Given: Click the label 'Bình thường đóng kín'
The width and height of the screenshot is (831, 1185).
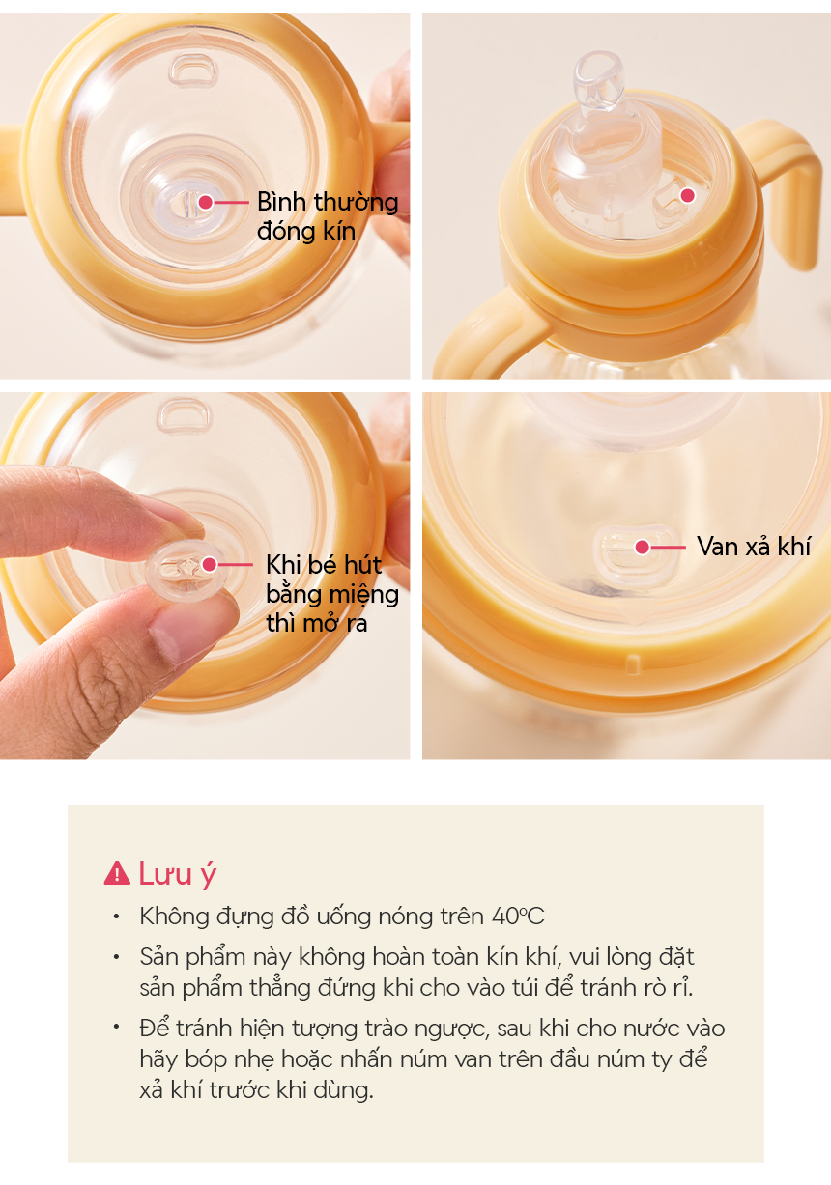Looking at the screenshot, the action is [328, 216].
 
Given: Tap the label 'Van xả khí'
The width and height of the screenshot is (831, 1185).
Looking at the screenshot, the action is [753, 547].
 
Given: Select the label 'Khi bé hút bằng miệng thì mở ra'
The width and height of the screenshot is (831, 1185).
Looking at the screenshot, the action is [331, 594].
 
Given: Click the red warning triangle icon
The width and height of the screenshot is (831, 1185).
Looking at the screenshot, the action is [117, 873].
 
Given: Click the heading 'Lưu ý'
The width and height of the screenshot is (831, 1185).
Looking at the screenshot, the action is [178, 874].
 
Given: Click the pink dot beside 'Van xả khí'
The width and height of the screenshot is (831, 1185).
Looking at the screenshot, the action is [642, 547].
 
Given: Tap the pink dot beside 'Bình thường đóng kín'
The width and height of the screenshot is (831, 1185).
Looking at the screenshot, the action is [206, 202].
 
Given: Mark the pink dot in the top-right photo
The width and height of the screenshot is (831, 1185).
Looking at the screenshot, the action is [688, 196].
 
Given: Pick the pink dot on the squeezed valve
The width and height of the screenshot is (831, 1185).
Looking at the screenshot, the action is [210, 564].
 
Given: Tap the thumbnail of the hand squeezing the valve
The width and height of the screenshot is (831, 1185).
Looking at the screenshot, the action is [205, 576].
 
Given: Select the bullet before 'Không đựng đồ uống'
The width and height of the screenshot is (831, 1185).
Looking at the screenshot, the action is [117, 917].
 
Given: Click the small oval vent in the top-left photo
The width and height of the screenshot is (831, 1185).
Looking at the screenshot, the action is [193, 71].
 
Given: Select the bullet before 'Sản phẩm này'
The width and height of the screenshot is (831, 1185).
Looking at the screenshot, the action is [117, 957].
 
